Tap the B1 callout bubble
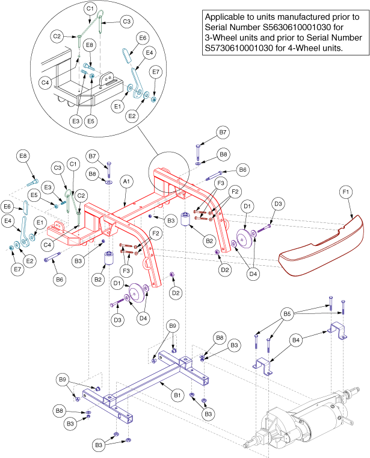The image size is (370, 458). (177, 395)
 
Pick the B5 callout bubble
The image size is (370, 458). (288, 313)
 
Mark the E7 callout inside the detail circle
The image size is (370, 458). (156, 72)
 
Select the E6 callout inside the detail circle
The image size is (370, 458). (143, 37)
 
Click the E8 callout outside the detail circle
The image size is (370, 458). (23, 157)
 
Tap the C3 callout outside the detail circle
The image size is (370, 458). (58, 168)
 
